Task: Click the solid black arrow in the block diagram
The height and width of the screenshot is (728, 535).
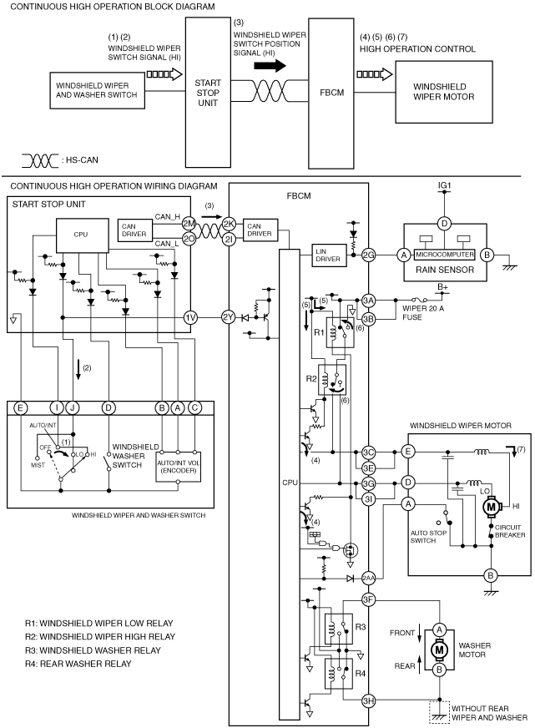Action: point(270,65)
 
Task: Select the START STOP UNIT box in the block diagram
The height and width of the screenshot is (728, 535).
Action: point(208,93)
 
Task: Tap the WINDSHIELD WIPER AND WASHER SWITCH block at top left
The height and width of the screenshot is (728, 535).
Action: point(97,90)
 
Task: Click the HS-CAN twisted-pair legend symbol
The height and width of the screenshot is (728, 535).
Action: point(40,160)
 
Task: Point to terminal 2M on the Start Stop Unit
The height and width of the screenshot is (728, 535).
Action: point(189,223)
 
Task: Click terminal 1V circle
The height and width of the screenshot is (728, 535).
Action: point(190,317)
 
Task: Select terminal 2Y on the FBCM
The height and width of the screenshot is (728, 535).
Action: point(228,317)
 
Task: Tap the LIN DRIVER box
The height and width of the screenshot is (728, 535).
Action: point(330,255)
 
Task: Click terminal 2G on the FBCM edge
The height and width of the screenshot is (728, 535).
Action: point(368,255)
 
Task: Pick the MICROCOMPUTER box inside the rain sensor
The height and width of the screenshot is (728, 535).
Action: point(445,255)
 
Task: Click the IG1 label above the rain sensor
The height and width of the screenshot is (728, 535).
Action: point(445,185)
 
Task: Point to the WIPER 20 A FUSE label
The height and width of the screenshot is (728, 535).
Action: point(422,312)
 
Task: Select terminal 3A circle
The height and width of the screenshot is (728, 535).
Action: point(368,301)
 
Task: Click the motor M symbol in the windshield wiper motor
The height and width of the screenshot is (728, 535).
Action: point(491,507)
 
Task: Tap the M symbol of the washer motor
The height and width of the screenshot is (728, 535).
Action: point(439,650)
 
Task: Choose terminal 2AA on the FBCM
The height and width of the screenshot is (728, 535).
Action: point(368,578)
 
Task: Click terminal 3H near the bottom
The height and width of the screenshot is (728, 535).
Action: point(368,700)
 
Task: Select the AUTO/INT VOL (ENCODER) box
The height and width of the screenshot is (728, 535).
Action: point(178,466)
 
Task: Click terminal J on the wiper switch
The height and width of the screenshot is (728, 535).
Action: point(73,408)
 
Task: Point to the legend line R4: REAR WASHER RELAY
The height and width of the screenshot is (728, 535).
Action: point(78,664)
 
